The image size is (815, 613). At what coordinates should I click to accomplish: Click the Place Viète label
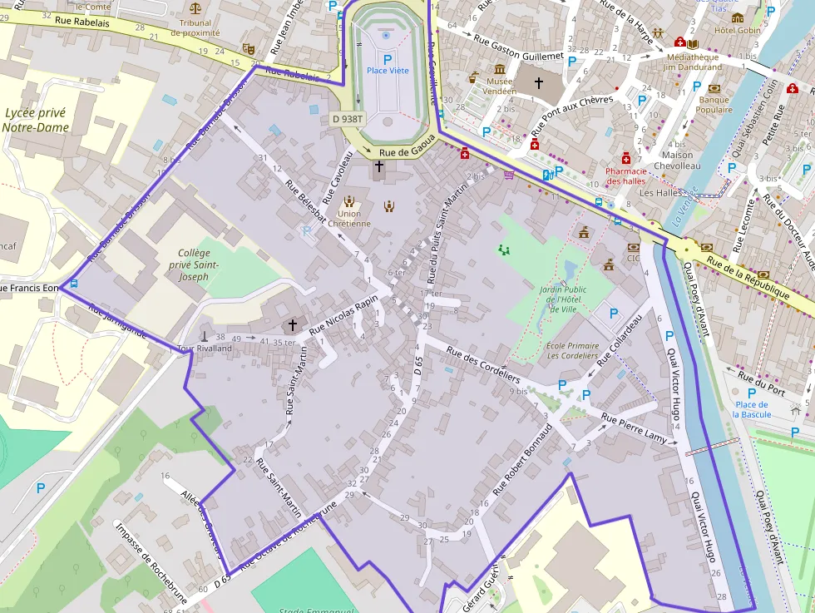pyautogui.click(x=388, y=71)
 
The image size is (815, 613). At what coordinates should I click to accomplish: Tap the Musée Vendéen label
pyautogui.click(x=500, y=87)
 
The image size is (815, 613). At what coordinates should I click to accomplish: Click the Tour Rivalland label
pyautogui.click(x=204, y=349)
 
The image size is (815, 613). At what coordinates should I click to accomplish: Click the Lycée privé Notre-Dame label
pyautogui.click(x=35, y=120)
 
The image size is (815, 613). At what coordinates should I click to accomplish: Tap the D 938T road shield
pyautogui.click(x=348, y=119)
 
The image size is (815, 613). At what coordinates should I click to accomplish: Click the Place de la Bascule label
pyautogui.click(x=752, y=408)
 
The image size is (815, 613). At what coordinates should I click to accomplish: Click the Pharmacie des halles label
pyautogui.click(x=626, y=175)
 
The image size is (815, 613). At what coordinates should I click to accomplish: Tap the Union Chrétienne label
pyautogui.click(x=349, y=218)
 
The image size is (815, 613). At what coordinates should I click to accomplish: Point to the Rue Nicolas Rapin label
pyautogui.click(x=343, y=314)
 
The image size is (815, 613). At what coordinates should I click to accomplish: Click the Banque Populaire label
pyautogui.click(x=713, y=105)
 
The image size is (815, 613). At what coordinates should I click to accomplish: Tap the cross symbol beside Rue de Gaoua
pyautogui.click(x=379, y=166)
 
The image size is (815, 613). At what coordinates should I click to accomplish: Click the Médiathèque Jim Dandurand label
pyautogui.click(x=693, y=62)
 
